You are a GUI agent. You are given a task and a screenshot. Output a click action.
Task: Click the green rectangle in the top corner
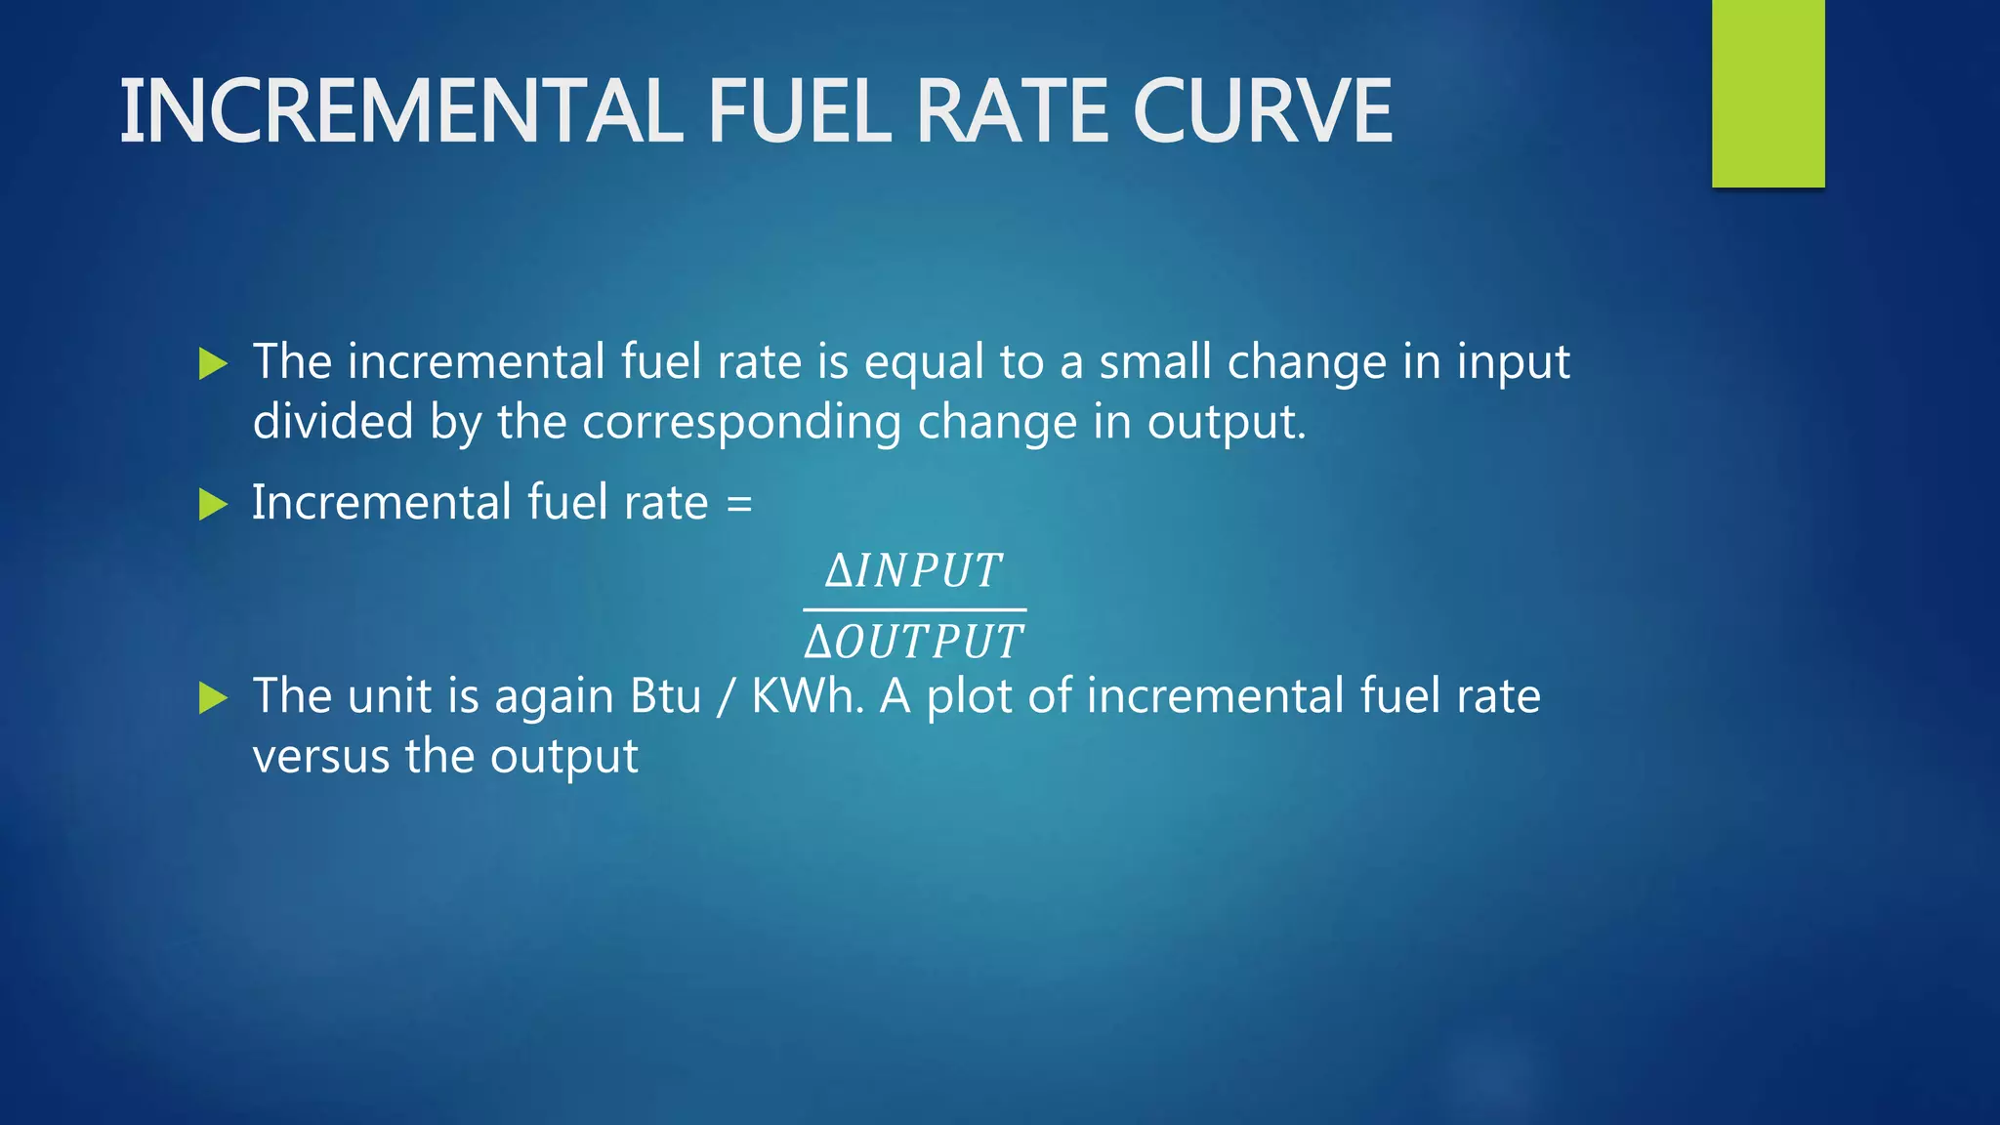1768,93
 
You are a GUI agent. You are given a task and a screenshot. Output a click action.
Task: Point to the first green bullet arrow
212,364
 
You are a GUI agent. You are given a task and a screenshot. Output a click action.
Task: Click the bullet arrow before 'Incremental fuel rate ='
212,505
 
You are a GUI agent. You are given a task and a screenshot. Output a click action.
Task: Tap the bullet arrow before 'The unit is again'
212,698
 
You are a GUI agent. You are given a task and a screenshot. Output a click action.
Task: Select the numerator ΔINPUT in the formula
914,570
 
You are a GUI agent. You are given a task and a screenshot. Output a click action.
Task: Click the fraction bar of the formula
914,610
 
